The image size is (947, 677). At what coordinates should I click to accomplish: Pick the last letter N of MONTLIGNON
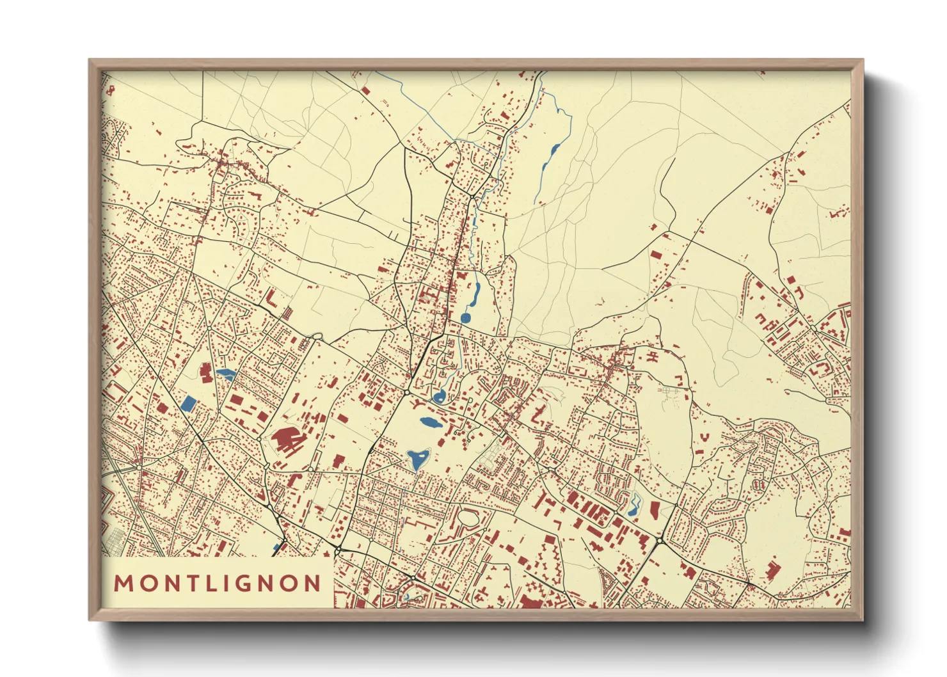click(x=312, y=584)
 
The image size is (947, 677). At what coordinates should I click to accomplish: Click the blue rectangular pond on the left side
click(x=189, y=403)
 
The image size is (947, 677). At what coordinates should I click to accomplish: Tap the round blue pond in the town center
click(x=465, y=317)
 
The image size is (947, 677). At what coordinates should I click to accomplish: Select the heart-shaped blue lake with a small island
click(x=417, y=459)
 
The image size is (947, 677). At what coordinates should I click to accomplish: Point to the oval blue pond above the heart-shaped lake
click(x=429, y=423)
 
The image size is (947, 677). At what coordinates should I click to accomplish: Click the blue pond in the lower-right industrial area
click(x=634, y=506)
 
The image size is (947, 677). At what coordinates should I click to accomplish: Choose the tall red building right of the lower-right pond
click(x=654, y=511)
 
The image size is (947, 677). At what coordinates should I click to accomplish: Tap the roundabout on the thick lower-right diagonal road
click(x=659, y=541)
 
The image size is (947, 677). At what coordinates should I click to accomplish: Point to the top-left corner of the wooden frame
click(x=90, y=61)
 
